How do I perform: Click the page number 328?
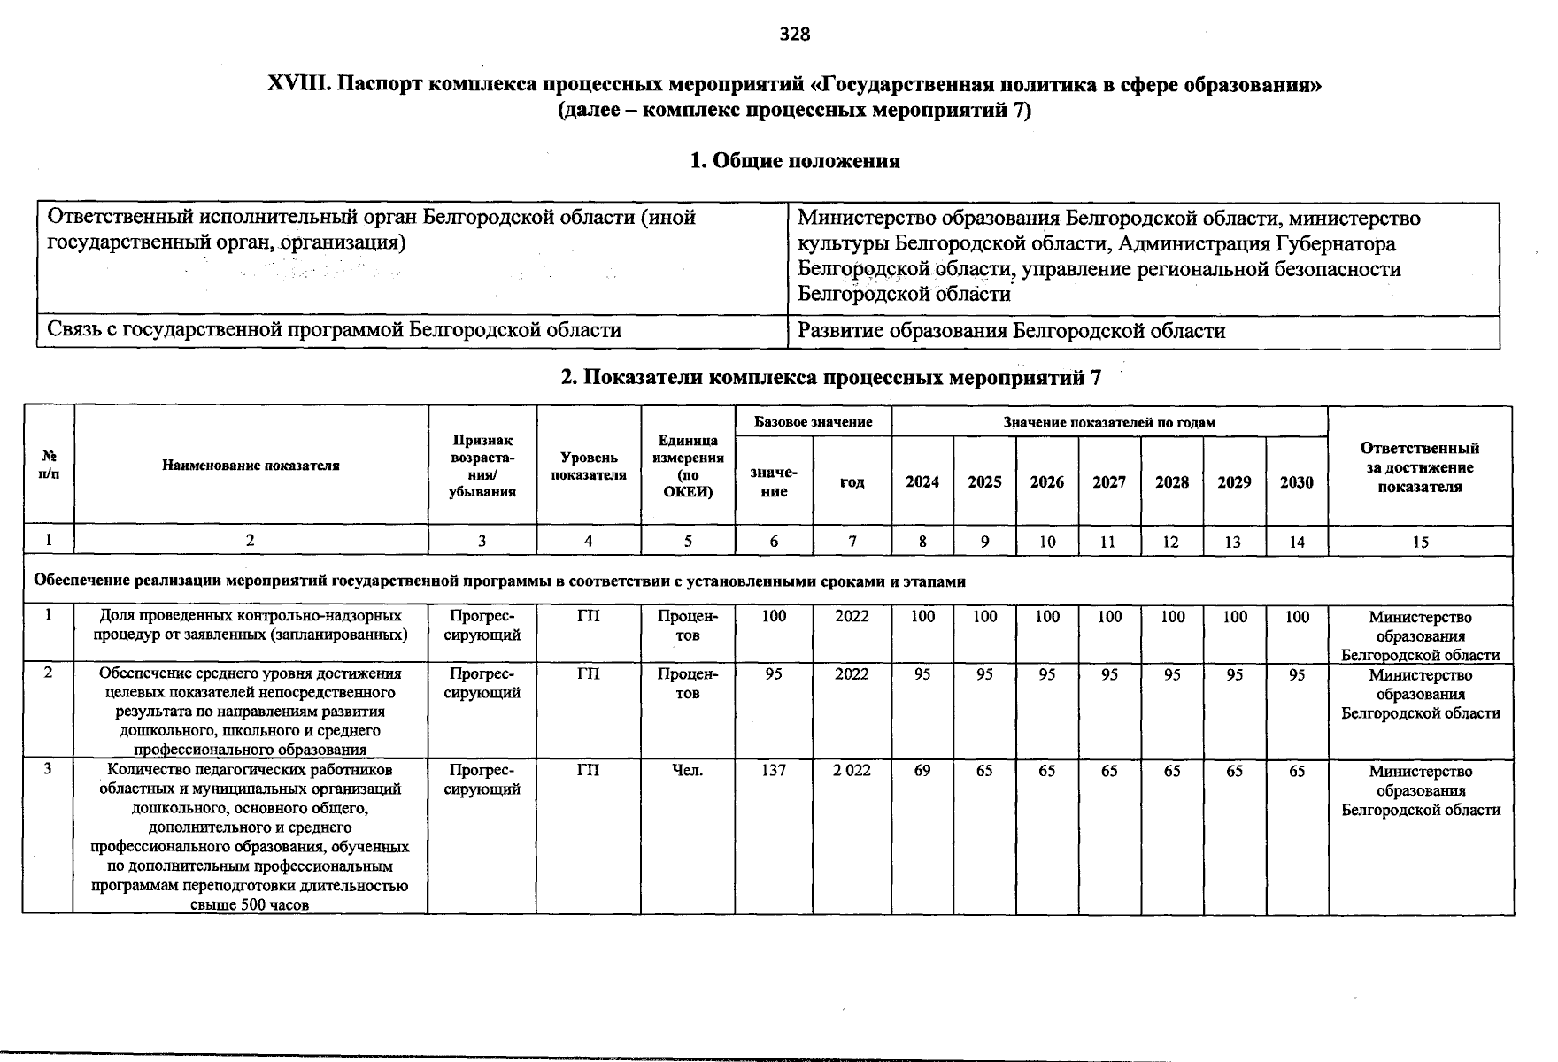point(794,35)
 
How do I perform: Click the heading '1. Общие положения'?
point(794,161)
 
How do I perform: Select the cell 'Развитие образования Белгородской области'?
point(1011,331)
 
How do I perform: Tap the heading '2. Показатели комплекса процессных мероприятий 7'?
point(831,378)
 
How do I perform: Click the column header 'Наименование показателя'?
point(251,466)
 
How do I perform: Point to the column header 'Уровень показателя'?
point(588,466)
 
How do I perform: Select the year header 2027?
point(1109,482)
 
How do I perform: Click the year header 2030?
point(1297,482)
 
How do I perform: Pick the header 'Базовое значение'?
point(813,422)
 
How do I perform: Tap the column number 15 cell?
point(1420,542)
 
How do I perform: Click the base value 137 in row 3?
point(774,771)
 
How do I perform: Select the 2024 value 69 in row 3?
point(922,771)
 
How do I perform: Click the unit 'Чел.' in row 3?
point(688,771)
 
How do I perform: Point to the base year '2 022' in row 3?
point(852,771)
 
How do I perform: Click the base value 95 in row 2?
point(774,674)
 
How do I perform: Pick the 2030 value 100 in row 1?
point(1297,617)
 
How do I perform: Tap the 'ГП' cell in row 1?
point(588,616)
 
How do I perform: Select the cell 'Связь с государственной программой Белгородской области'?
point(334,331)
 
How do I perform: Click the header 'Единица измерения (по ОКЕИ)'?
point(688,466)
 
